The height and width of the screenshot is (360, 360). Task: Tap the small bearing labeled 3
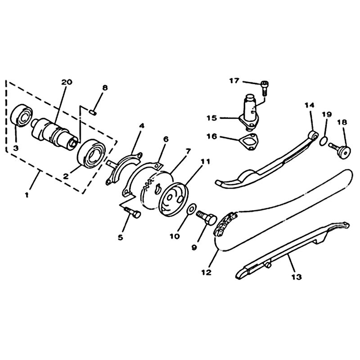click(22, 116)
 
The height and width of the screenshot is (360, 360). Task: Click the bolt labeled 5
click(133, 212)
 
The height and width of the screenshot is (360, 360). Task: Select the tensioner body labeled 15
click(249, 111)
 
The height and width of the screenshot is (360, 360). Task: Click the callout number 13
click(297, 277)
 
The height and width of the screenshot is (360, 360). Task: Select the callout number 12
click(206, 273)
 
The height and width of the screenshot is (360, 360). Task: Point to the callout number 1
click(27, 195)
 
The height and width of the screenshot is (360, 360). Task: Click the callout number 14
click(309, 105)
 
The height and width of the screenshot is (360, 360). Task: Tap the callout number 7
click(188, 151)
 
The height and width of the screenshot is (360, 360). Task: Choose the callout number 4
click(142, 126)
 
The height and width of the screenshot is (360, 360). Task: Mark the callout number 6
click(166, 139)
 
